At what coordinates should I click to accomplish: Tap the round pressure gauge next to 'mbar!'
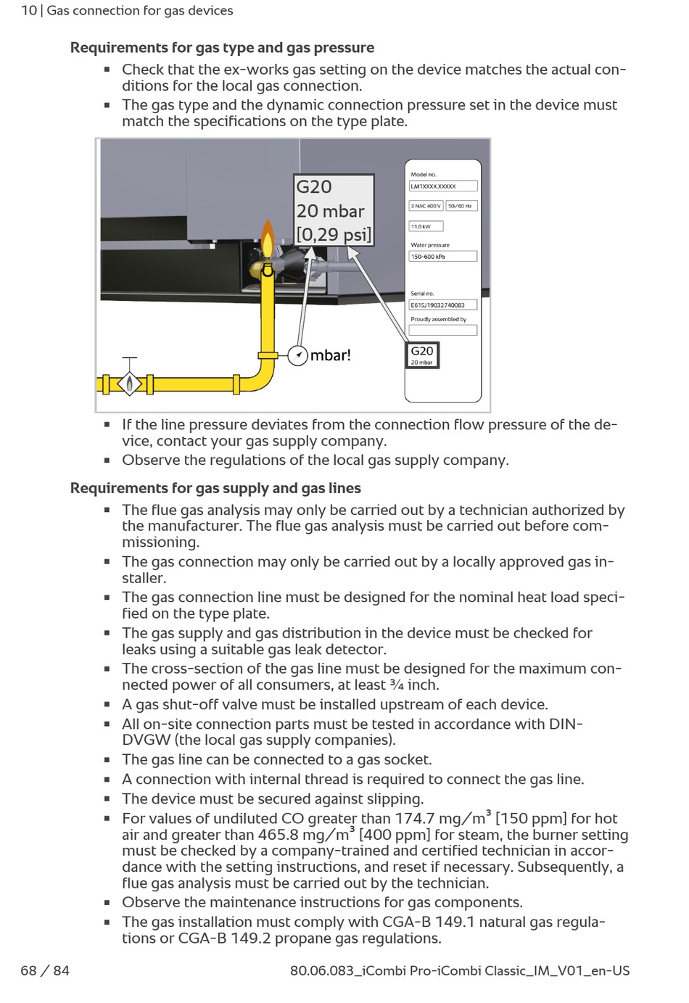point(298,355)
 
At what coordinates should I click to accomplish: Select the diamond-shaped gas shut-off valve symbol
point(129,383)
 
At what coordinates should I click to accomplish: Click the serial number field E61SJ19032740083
point(442,305)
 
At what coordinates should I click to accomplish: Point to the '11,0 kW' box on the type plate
point(426,226)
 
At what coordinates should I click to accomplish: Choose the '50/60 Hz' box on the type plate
point(461,206)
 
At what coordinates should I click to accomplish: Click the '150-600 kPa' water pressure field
point(442,256)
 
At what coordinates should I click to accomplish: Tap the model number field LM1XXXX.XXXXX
point(442,186)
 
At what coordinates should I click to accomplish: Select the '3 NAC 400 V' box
point(426,206)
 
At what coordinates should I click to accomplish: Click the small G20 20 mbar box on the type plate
point(422,355)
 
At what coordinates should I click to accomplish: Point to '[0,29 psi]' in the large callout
point(334,235)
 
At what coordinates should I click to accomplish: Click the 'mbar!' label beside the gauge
point(331,355)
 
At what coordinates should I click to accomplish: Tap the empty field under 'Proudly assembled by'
point(442,330)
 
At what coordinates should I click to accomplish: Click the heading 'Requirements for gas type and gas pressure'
point(222,48)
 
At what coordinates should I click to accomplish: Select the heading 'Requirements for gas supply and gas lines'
point(215,488)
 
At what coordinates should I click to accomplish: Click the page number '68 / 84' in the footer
point(45,970)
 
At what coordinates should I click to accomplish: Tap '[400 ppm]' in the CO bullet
point(395,835)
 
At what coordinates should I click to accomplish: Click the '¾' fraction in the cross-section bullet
point(396,685)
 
